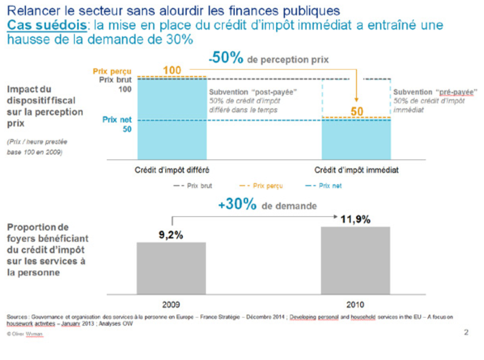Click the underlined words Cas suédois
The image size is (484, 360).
point(47,25)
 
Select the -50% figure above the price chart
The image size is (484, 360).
point(226,58)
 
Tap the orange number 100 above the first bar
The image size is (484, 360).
point(172,70)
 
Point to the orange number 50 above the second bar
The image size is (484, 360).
point(357,111)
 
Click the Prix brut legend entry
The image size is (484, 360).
point(193,186)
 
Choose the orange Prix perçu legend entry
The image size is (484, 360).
point(262,186)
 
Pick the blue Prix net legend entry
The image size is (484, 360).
point(324,186)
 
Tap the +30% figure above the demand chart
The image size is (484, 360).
point(237,204)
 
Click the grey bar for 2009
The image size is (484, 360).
point(171,268)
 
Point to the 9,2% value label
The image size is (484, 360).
point(171,235)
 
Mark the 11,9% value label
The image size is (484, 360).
point(355,219)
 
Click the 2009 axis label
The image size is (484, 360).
point(171,305)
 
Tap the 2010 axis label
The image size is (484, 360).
point(355,305)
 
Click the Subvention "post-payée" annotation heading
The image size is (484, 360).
point(253,92)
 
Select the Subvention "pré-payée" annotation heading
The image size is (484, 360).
point(435,92)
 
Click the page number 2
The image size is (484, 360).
point(466,332)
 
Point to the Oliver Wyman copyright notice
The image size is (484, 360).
point(25,334)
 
